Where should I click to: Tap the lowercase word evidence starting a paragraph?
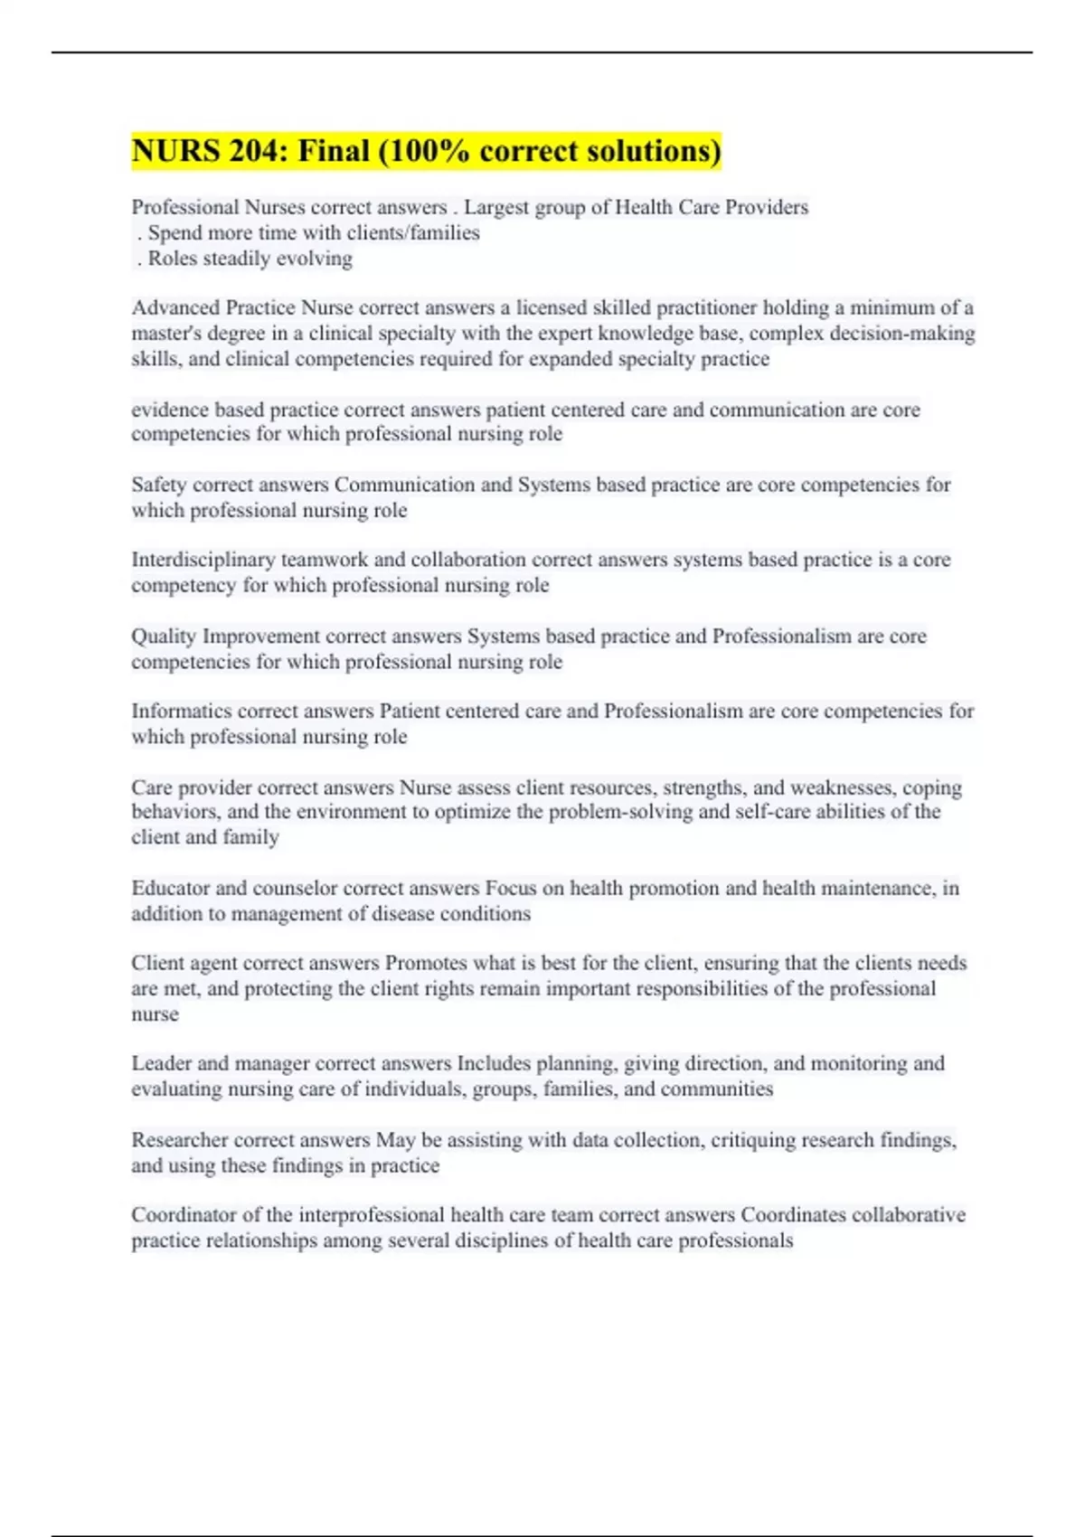point(170,410)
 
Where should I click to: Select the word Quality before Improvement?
point(164,636)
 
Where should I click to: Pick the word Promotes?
point(426,963)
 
